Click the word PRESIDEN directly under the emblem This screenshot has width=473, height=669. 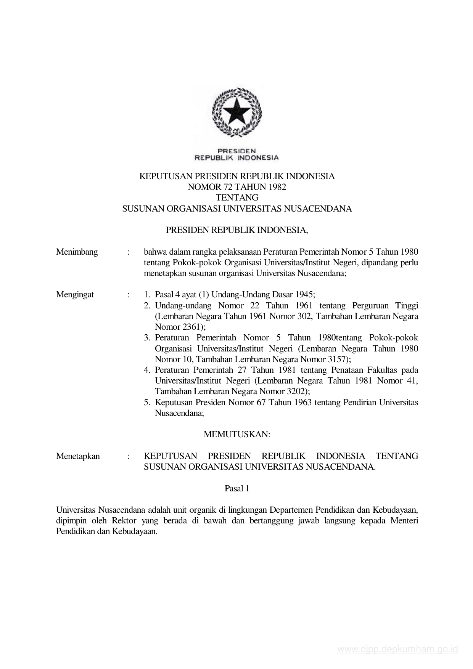[x=236, y=151]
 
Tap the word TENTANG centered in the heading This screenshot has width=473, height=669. [x=237, y=197]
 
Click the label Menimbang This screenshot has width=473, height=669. [x=77, y=252]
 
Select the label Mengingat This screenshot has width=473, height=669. [x=75, y=295]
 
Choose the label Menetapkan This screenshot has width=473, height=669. [x=78, y=456]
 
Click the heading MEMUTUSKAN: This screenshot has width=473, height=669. [x=237, y=434]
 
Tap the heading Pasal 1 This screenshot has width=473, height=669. [x=237, y=488]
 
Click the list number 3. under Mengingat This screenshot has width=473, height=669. [x=147, y=338]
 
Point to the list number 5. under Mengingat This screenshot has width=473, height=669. [x=147, y=403]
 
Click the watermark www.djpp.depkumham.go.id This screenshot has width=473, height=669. [x=397, y=649]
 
